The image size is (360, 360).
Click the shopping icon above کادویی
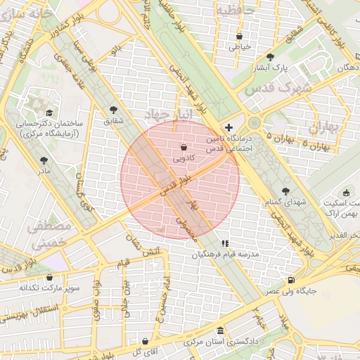184,148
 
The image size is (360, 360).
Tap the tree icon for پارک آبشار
270,57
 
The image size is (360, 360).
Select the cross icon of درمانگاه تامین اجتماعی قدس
229,127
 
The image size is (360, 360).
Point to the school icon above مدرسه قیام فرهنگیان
225,243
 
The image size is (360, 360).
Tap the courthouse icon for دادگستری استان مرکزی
221,331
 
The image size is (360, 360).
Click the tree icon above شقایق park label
114,110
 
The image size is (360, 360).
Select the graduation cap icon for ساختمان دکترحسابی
49,112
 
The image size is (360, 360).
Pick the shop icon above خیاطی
240,36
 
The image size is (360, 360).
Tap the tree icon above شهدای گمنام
285,191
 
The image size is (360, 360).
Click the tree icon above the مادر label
44,160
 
